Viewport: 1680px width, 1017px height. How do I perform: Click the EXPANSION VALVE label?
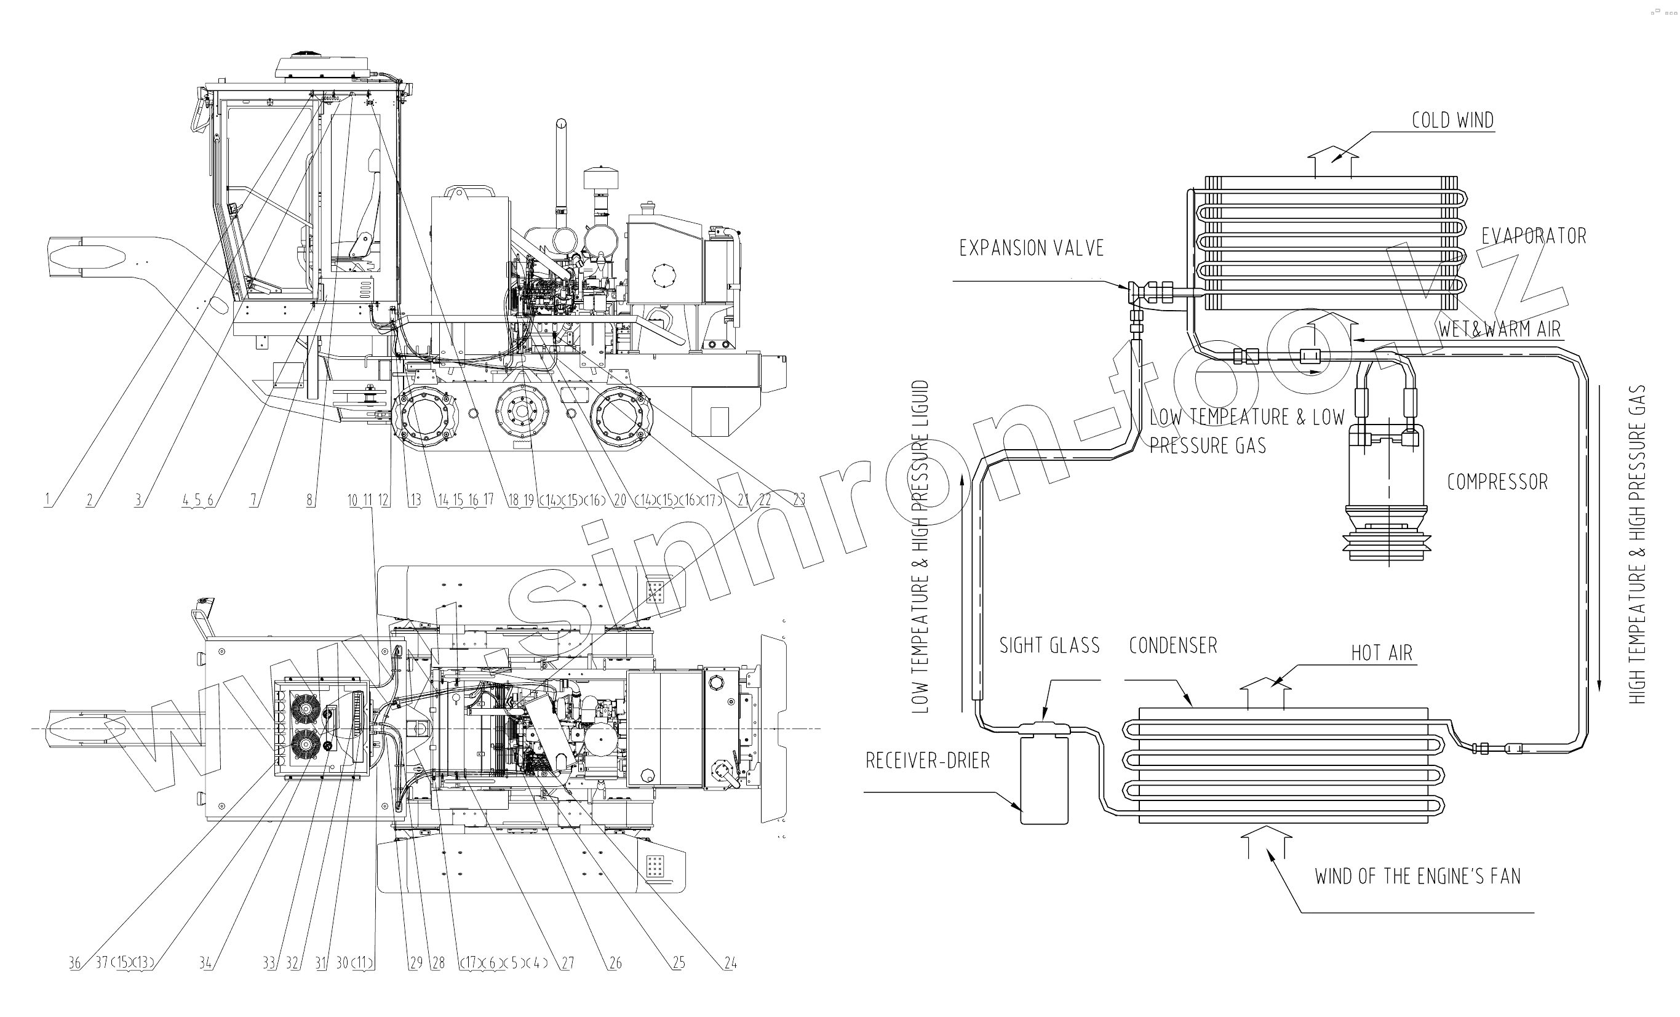pos(1031,249)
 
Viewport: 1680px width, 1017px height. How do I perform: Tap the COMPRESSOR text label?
pos(1497,482)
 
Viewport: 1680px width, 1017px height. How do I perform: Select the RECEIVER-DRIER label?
pos(927,760)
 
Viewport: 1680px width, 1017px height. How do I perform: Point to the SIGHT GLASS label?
pos(1049,645)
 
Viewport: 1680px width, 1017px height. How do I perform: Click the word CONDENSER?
pos(1172,645)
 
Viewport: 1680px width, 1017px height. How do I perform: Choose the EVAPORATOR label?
pos(1534,236)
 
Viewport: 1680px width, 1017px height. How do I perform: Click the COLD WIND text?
pos(1452,120)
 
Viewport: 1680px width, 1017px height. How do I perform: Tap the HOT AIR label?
pos(1382,653)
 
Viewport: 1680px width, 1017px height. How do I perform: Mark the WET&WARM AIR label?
pos(1499,329)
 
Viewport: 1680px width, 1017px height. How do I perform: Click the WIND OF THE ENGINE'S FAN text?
pos(1417,876)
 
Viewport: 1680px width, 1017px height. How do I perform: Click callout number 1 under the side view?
pos(47,500)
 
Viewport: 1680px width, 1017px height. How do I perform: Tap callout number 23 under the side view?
pos(799,500)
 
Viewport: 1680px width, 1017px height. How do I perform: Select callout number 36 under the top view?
pos(74,963)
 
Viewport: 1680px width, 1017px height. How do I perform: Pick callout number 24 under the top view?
pos(730,963)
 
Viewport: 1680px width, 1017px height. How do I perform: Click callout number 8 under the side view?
pos(309,500)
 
